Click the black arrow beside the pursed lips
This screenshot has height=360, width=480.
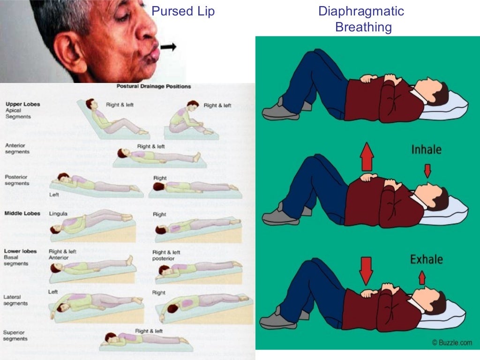[168, 47]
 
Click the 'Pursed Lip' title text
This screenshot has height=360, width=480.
[183, 11]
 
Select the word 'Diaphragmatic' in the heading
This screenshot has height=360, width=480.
[361, 11]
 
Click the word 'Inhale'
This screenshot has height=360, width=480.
[427, 150]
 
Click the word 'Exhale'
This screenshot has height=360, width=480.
[427, 259]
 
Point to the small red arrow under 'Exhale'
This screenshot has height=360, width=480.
[422, 278]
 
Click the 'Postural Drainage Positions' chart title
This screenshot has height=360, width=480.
[153, 86]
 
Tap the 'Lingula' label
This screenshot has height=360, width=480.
[58, 214]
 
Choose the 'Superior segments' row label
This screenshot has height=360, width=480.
[15, 336]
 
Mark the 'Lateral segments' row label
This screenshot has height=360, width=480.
[15, 300]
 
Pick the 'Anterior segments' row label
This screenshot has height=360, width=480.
[17, 149]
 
